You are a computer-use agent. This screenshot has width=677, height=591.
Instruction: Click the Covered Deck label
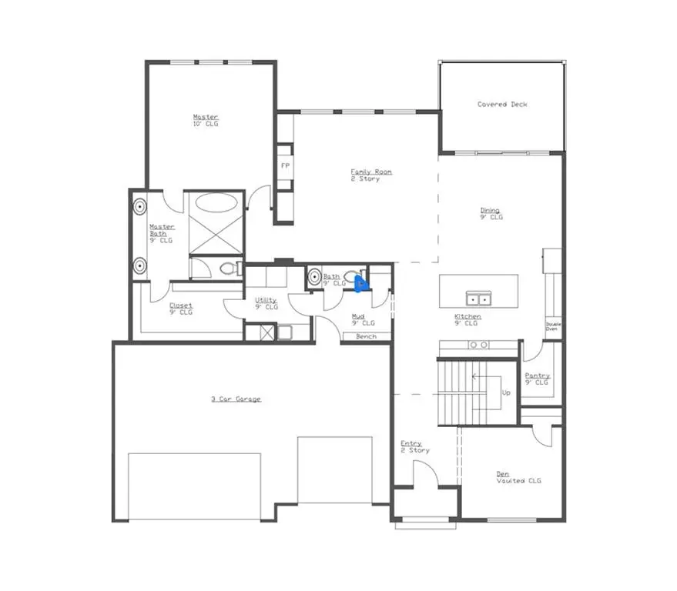[502, 105]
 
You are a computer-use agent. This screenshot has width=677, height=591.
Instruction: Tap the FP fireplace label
[285, 166]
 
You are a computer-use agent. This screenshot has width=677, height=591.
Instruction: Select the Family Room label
[370, 172]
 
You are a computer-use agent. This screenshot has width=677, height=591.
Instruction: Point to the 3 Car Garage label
[236, 399]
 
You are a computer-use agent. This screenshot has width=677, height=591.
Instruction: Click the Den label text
[502, 474]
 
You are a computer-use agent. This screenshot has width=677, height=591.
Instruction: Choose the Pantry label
[537, 376]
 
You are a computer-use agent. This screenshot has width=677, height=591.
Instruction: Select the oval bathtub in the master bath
[216, 204]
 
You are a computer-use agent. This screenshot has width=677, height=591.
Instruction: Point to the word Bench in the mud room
[366, 337]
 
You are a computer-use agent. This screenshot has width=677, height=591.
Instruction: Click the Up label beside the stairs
[506, 392]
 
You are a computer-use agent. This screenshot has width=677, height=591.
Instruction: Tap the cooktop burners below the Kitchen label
[478, 344]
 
